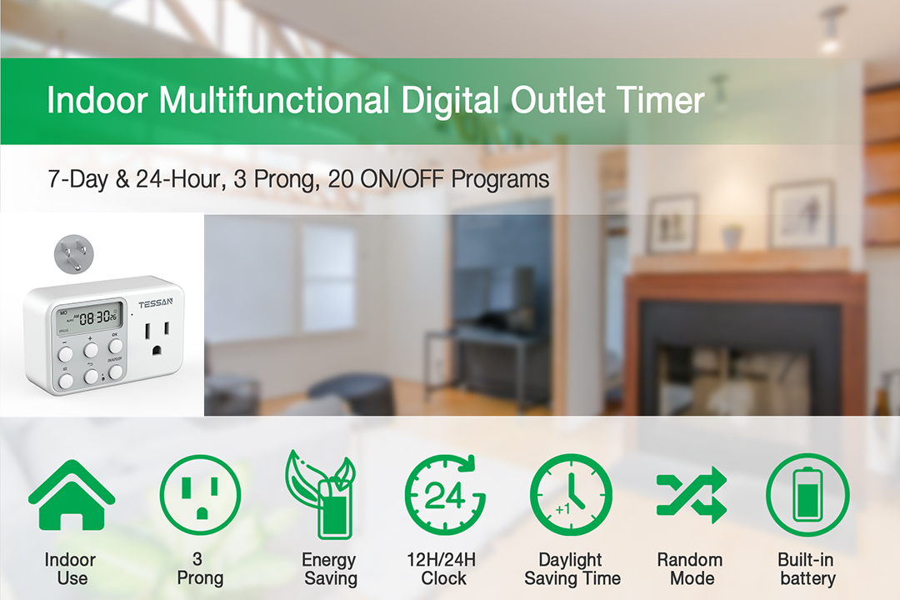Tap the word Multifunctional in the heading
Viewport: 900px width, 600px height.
click(274, 101)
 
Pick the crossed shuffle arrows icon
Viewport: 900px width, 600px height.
click(691, 495)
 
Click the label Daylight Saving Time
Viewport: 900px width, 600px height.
click(572, 568)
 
